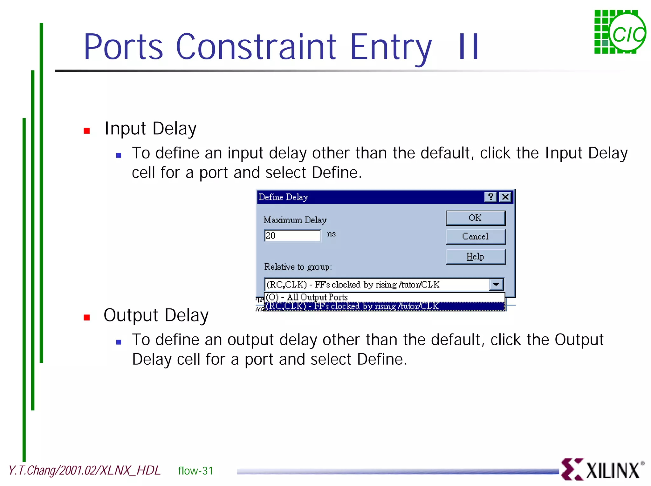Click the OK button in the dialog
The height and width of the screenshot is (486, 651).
pyautogui.click(x=475, y=218)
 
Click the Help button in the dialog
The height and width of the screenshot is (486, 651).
pyautogui.click(x=475, y=257)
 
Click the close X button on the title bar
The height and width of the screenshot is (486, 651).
pyautogui.click(x=505, y=197)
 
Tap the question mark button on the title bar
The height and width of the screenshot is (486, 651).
pyautogui.click(x=490, y=197)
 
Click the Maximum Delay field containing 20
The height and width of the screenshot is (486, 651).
pyautogui.click(x=292, y=236)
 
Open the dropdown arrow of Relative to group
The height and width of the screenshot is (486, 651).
pyautogui.click(x=496, y=285)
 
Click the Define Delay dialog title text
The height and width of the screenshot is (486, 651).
pyautogui.click(x=283, y=197)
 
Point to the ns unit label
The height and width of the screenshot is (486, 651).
pyautogui.click(x=331, y=234)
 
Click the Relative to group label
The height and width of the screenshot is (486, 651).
pyautogui.click(x=298, y=267)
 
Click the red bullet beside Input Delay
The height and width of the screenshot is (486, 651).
pyautogui.click(x=87, y=131)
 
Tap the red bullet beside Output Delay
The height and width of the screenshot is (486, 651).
pyautogui.click(x=87, y=317)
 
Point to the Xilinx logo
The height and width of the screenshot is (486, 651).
pyautogui.click(x=602, y=469)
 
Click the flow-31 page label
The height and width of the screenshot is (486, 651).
pyautogui.click(x=195, y=471)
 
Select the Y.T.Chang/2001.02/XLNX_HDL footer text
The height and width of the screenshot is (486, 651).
pyautogui.click(x=85, y=470)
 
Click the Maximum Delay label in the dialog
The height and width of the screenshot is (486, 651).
pyautogui.click(x=295, y=220)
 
